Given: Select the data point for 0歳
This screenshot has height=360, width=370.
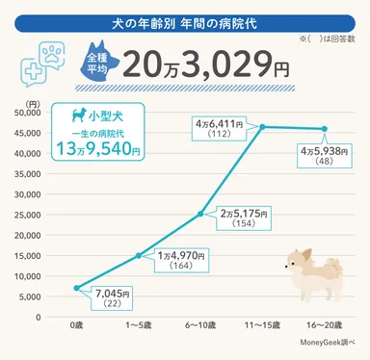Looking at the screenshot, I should [x=76, y=288].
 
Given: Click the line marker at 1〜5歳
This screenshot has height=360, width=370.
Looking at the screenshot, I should [x=138, y=255].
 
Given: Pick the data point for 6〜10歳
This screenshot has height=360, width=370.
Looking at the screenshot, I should [x=199, y=214].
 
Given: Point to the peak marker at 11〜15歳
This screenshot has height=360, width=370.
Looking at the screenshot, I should [x=261, y=126].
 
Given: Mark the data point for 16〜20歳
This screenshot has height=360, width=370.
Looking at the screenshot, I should [x=323, y=129].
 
